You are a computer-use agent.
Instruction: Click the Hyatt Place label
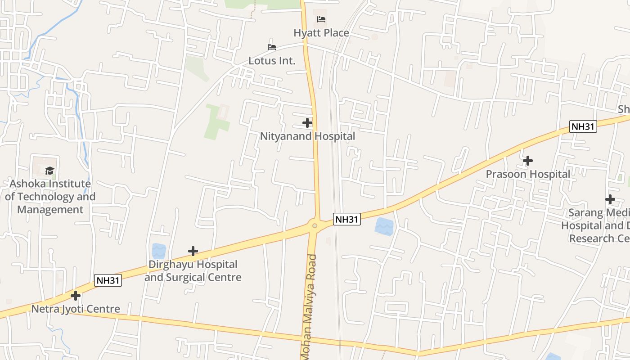tap(321, 33)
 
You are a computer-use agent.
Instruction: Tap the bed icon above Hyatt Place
tap(321, 19)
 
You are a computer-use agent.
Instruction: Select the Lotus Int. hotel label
tap(272, 61)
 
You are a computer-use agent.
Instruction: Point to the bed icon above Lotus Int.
tap(271, 47)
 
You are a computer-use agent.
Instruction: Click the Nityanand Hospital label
tap(307, 136)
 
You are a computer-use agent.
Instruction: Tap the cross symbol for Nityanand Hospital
tap(307, 122)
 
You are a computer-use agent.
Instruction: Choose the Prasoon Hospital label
tap(528, 174)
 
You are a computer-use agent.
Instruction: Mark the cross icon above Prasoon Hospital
tap(528, 160)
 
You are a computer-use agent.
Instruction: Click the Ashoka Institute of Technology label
tap(50, 197)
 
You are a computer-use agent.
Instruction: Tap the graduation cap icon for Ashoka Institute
tap(49, 171)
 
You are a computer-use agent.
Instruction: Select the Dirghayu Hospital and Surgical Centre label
tap(193, 271)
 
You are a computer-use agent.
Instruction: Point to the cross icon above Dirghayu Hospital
tap(193, 251)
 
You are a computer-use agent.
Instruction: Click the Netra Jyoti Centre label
tap(76, 309)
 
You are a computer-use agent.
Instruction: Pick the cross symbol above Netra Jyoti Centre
tap(76, 296)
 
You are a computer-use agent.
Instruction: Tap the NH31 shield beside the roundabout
tap(347, 219)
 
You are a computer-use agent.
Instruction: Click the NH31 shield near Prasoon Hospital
tap(583, 126)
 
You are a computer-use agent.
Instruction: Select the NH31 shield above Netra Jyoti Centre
tap(108, 280)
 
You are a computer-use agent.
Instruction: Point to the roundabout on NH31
tap(315, 225)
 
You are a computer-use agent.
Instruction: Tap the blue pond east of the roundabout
tap(383, 226)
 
